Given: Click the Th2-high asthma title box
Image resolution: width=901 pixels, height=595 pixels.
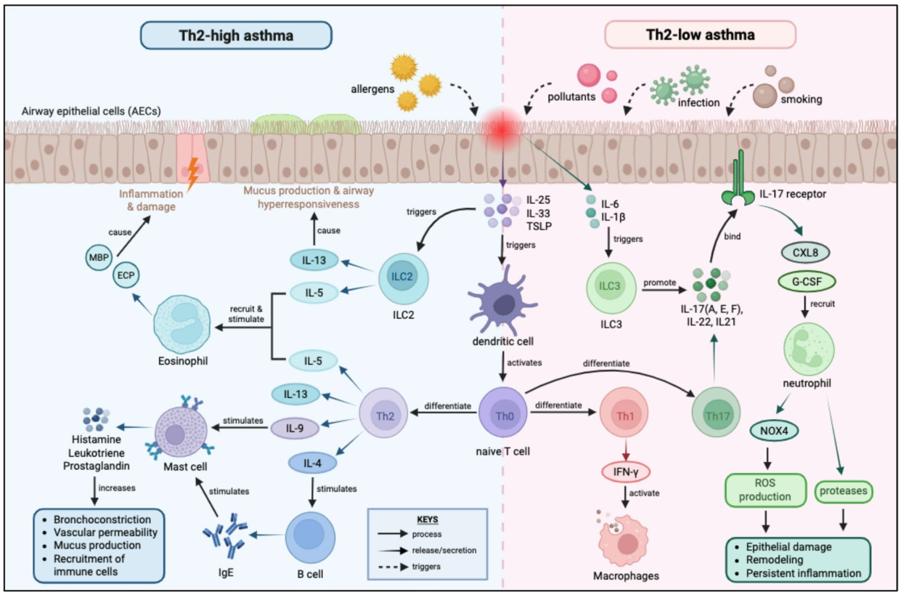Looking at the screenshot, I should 237,35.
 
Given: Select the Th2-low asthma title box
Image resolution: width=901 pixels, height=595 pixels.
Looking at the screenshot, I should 701,35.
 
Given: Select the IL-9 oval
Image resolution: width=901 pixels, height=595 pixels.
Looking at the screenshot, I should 294,428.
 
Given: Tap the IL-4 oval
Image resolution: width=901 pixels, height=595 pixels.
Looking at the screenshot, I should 312,461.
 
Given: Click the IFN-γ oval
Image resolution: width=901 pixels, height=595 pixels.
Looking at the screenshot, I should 625,472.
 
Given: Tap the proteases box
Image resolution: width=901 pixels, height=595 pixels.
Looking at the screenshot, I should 843,492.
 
